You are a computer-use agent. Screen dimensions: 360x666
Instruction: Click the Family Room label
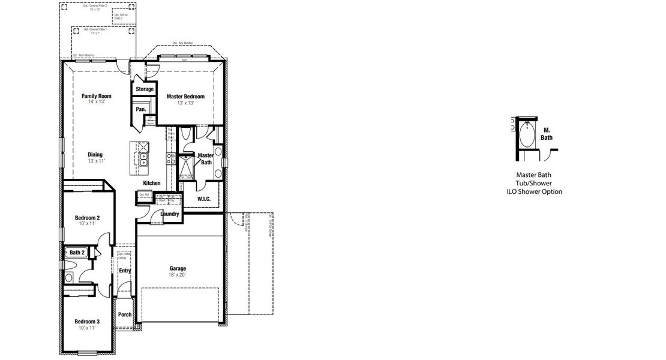click(97, 95)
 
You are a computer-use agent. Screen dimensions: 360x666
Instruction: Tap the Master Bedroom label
click(185, 97)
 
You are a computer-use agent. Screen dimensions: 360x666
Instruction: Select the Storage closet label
click(145, 89)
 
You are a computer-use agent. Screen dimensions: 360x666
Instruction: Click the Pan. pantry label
click(141, 109)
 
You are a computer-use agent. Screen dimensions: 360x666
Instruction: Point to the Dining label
click(95, 154)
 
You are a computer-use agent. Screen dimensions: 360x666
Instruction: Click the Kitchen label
click(152, 183)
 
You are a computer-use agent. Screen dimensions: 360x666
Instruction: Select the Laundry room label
click(170, 214)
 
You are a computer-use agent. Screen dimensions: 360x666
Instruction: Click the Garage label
click(178, 268)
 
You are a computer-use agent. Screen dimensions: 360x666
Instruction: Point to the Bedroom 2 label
click(87, 217)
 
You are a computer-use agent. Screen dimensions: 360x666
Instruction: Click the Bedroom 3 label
click(87, 322)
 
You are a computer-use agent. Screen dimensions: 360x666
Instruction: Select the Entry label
click(125, 271)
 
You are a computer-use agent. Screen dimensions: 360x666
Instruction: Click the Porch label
click(125, 314)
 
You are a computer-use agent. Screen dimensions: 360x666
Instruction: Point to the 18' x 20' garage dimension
click(178, 275)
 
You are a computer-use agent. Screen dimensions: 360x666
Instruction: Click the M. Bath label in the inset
click(547, 134)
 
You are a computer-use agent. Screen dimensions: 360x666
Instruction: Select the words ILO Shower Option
click(534, 192)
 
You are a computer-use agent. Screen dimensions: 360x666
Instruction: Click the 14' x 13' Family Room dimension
click(97, 102)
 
